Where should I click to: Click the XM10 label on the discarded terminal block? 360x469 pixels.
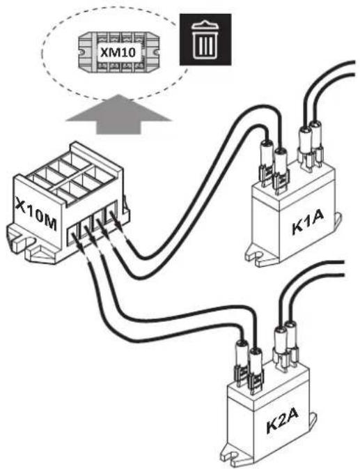(x=118, y=53)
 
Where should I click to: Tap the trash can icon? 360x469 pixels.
(x=205, y=40)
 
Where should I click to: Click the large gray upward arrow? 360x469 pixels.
(x=118, y=114)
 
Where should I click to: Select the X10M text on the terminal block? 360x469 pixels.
(x=36, y=214)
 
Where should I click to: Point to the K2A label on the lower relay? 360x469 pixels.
(x=282, y=422)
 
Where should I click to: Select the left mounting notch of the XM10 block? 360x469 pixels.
(x=81, y=52)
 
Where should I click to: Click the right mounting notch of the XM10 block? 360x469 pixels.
(x=156, y=52)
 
